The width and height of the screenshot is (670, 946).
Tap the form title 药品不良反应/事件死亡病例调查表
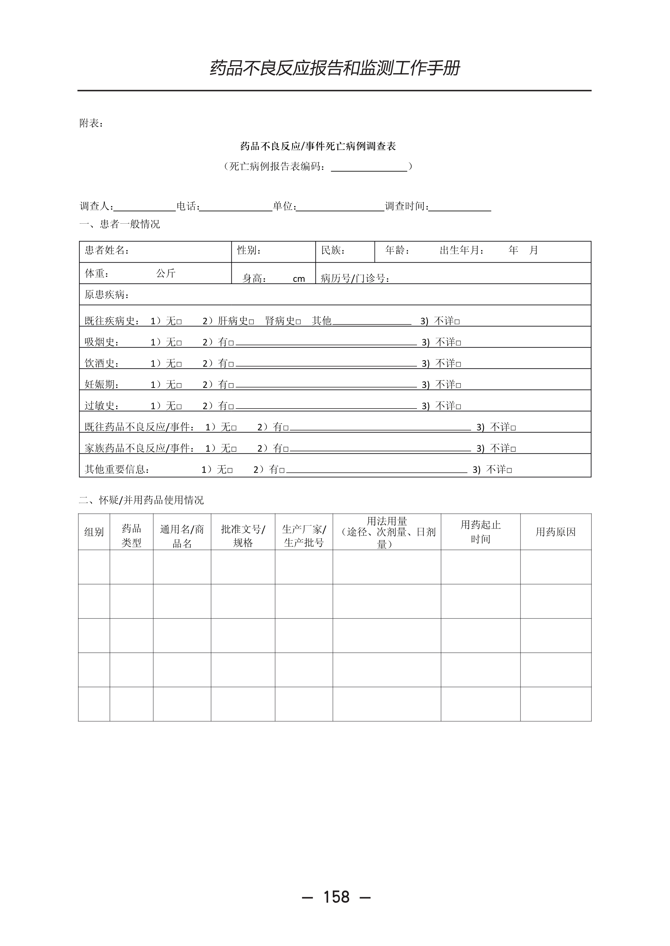(x=318, y=147)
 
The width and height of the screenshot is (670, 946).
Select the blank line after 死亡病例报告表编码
(x=369, y=168)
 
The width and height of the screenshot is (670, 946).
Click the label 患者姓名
(x=106, y=250)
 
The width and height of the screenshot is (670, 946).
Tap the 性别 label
(x=249, y=250)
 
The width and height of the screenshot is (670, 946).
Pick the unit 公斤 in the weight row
(x=166, y=273)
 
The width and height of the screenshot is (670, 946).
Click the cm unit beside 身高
(x=299, y=279)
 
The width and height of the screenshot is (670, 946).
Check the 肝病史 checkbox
(x=251, y=322)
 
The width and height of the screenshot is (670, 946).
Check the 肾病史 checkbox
(x=298, y=322)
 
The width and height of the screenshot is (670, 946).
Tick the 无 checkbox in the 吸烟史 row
(x=179, y=343)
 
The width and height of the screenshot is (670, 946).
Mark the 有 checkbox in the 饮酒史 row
(x=231, y=364)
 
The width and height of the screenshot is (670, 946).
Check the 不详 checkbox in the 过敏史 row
(x=458, y=407)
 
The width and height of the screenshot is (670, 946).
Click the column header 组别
(x=94, y=532)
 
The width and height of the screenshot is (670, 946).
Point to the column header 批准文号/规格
(x=243, y=536)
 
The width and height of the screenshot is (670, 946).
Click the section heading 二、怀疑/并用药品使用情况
(x=142, y=500)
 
